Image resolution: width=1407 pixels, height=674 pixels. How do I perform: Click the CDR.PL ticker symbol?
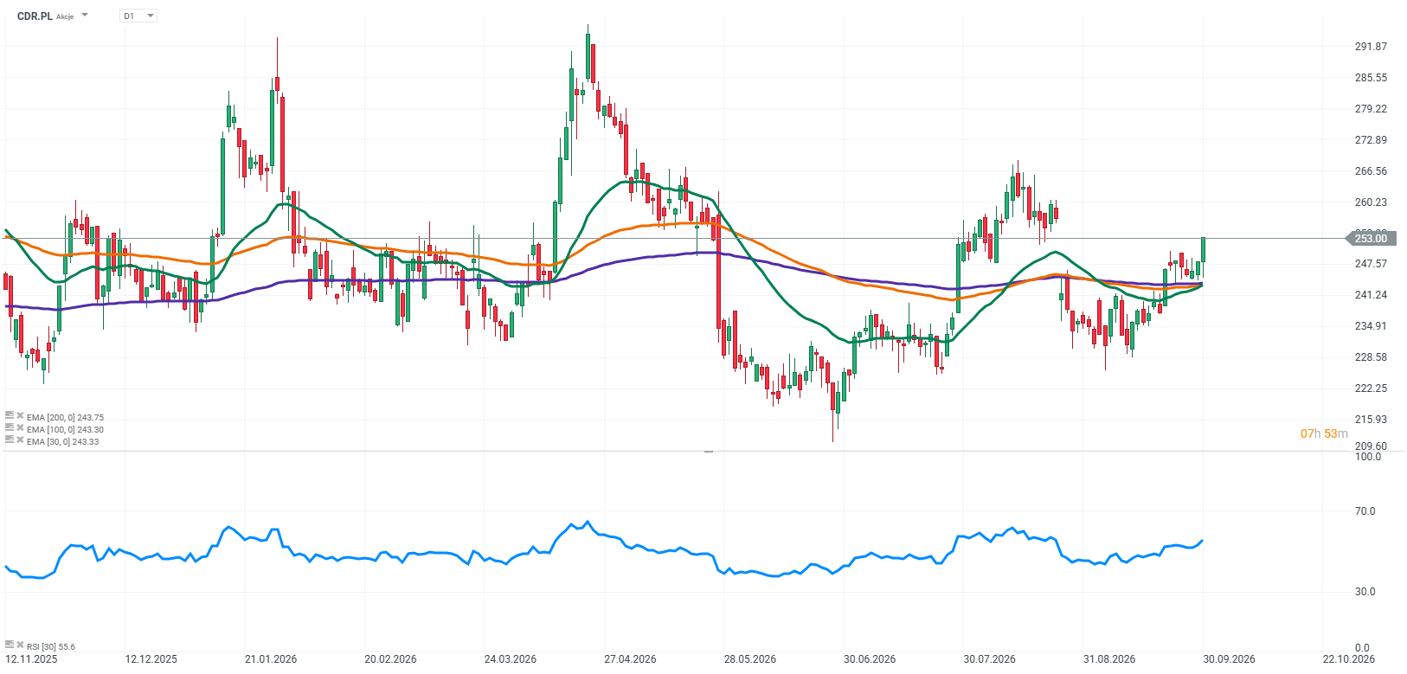click(35, 16)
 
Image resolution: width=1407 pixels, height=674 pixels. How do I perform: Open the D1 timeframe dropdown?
click(138, 16)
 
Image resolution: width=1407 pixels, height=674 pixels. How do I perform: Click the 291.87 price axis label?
click(1371, 47)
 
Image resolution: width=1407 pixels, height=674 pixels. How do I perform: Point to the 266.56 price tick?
click(1371, 170)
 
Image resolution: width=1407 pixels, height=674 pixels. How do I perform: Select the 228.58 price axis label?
click(1371, 356)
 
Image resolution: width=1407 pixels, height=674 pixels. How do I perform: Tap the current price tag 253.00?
click(1371, 238)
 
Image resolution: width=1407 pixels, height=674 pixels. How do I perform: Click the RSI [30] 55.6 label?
click(51, 646)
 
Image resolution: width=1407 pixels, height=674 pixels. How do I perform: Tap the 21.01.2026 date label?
click(271, 659)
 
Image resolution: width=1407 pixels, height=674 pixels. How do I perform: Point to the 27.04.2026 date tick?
click(630, 659)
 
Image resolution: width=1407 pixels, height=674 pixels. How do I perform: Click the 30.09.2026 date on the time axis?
click(1229, 659)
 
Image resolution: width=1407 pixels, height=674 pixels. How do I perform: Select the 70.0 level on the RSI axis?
click(1365, 511)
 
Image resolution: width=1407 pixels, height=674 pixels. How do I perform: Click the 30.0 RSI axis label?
click(1365, 592)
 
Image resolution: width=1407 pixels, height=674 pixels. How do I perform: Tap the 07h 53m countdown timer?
click(1324, 433)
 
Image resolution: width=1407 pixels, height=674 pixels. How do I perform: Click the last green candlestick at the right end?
click(1204, 249)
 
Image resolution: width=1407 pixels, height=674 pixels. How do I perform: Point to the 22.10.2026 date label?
click(1348, 659)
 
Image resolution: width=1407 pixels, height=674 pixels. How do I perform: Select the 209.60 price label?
click(1371, 446)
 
